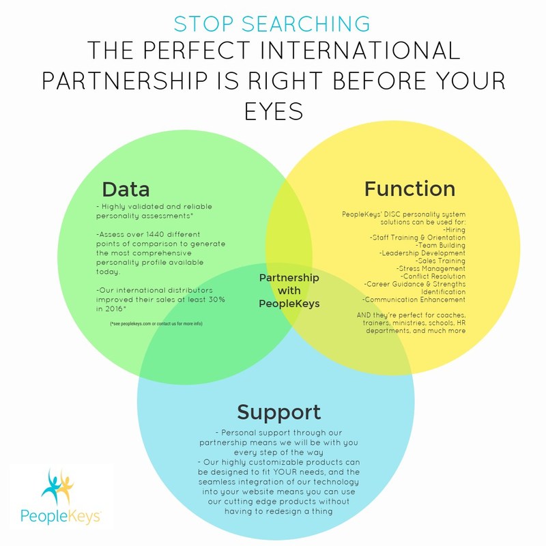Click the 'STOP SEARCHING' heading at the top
point(272,23)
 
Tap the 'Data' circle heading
point(126,188)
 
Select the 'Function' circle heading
point(409,188)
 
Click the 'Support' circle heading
point(278,412)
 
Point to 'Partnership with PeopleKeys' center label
point(289,290)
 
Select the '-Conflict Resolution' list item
point(433,276)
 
